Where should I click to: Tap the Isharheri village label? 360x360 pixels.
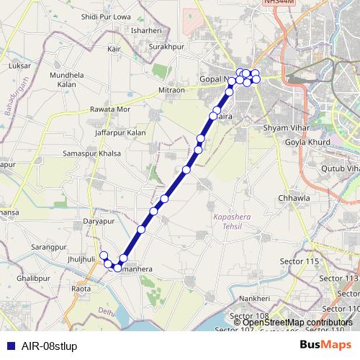click(146, 31)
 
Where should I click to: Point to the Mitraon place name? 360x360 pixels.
click(172, 91)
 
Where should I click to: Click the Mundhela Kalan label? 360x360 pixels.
click(68, 79)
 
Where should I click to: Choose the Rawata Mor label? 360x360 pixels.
click(110, 109)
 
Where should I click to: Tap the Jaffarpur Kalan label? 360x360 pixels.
click(120, 133)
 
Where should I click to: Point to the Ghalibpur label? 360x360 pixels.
click(32, 277)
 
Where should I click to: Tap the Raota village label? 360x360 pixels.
click(81, 289)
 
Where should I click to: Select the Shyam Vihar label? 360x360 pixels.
click(285, 127)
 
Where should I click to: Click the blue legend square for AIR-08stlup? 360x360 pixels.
click(9, 346)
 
